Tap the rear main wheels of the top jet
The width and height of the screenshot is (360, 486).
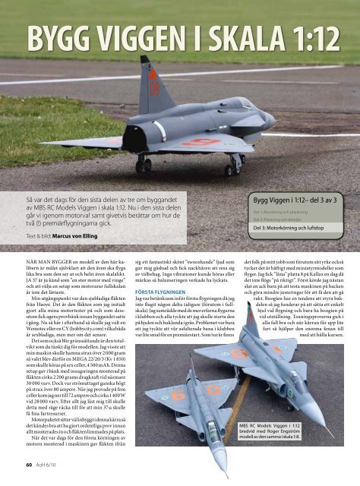(x=143, y=163)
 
